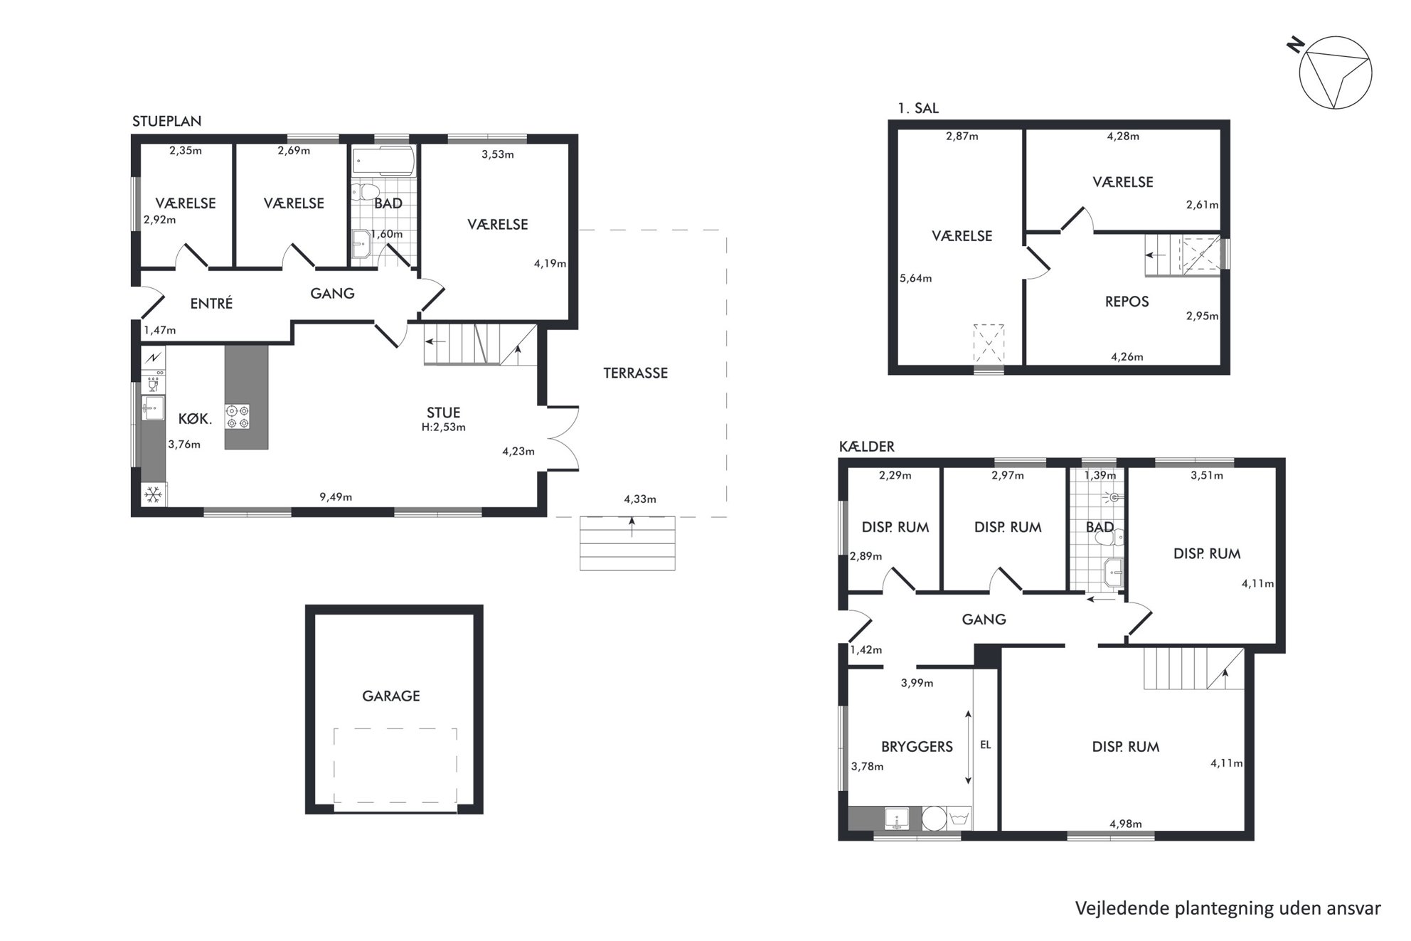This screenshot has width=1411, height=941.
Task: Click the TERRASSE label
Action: tap(635, 373)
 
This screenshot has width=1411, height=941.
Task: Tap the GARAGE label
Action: tap(391, 696)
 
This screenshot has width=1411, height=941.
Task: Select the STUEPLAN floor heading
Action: tap(166, 121)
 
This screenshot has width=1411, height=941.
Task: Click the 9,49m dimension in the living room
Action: tap(336, 497)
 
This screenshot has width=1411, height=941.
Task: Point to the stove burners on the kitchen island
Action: tap(238, 416)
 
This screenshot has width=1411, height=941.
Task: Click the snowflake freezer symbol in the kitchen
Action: tap(153, 494)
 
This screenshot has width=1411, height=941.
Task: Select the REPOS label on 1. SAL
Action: tap(1127, 302)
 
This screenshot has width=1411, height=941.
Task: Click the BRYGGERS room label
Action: tap(917, 746)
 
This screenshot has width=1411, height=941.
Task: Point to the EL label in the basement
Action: tap(985, 745)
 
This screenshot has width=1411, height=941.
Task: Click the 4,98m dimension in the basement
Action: tap(1126, 824)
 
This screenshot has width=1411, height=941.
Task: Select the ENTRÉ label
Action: tap(211, 303)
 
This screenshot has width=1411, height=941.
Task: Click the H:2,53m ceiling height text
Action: tap(443, 427)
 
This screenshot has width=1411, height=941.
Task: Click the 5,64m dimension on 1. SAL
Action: tap(915, 278)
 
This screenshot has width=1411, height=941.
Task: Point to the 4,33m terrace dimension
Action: tap(640, 499)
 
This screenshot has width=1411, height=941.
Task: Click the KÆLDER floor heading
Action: tap(867, 447)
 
